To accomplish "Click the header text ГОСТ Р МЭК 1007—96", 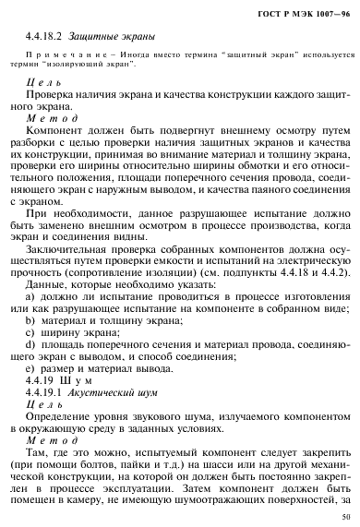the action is tap(305, 11).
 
